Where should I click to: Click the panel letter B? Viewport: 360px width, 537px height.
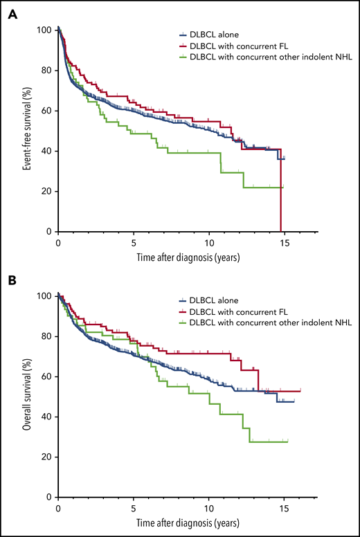pos(12,282)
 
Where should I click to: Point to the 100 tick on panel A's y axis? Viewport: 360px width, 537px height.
pos(44,30)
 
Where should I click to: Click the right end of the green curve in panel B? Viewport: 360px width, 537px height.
pos(287,441)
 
